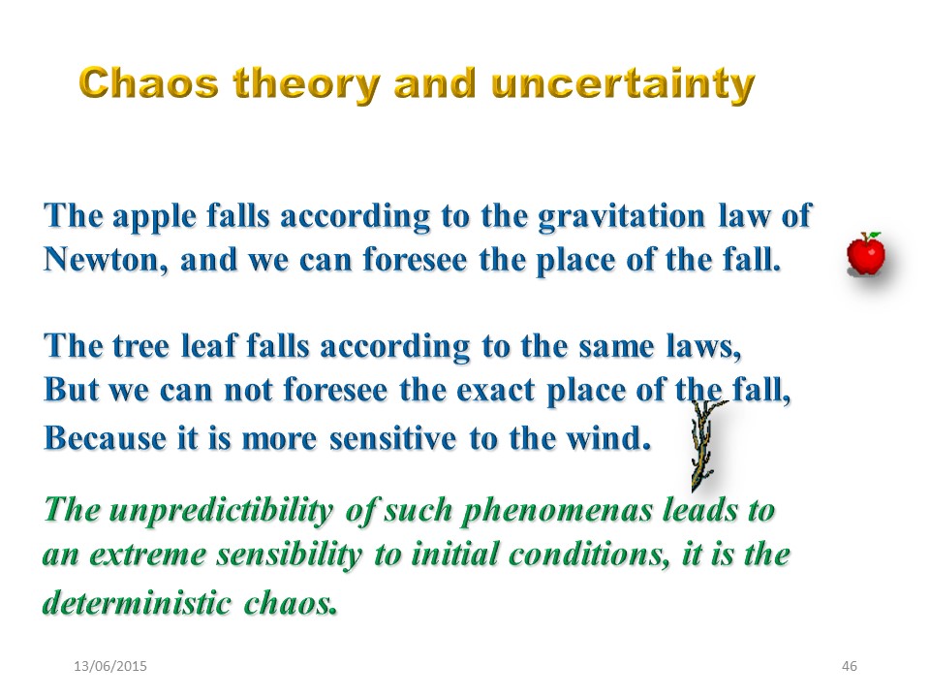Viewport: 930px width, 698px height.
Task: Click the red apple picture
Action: coord(866,254)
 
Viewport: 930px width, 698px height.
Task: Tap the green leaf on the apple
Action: coord(874,235)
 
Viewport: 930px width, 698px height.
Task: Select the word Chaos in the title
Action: coord(149,82)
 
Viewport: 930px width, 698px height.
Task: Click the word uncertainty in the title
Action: coord(623,85)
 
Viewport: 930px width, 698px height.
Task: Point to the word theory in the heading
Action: coord(307,85)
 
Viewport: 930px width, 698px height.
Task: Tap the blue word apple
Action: coord(154,216)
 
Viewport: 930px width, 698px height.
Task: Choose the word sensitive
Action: coord(392,438)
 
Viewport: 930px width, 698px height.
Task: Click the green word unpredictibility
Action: coord(221,511)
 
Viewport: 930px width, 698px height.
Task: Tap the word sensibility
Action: coord(289,555)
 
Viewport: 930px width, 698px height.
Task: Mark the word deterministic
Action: coord(137,602)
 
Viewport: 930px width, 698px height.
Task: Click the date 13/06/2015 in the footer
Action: coord(110,666)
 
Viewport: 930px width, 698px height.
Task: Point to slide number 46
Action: coord(850,666)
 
